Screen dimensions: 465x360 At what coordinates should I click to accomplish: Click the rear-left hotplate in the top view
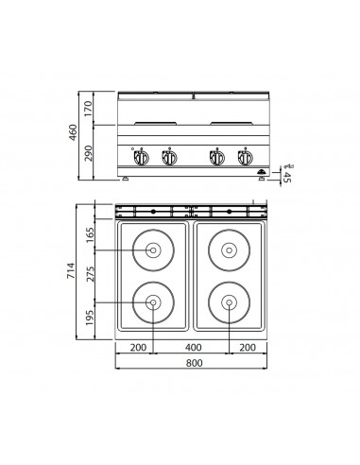(x=152, y=250)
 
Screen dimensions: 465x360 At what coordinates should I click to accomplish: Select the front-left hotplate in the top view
(x=152, y=301)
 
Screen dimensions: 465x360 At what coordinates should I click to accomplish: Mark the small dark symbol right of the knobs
(x=263, y=170)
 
